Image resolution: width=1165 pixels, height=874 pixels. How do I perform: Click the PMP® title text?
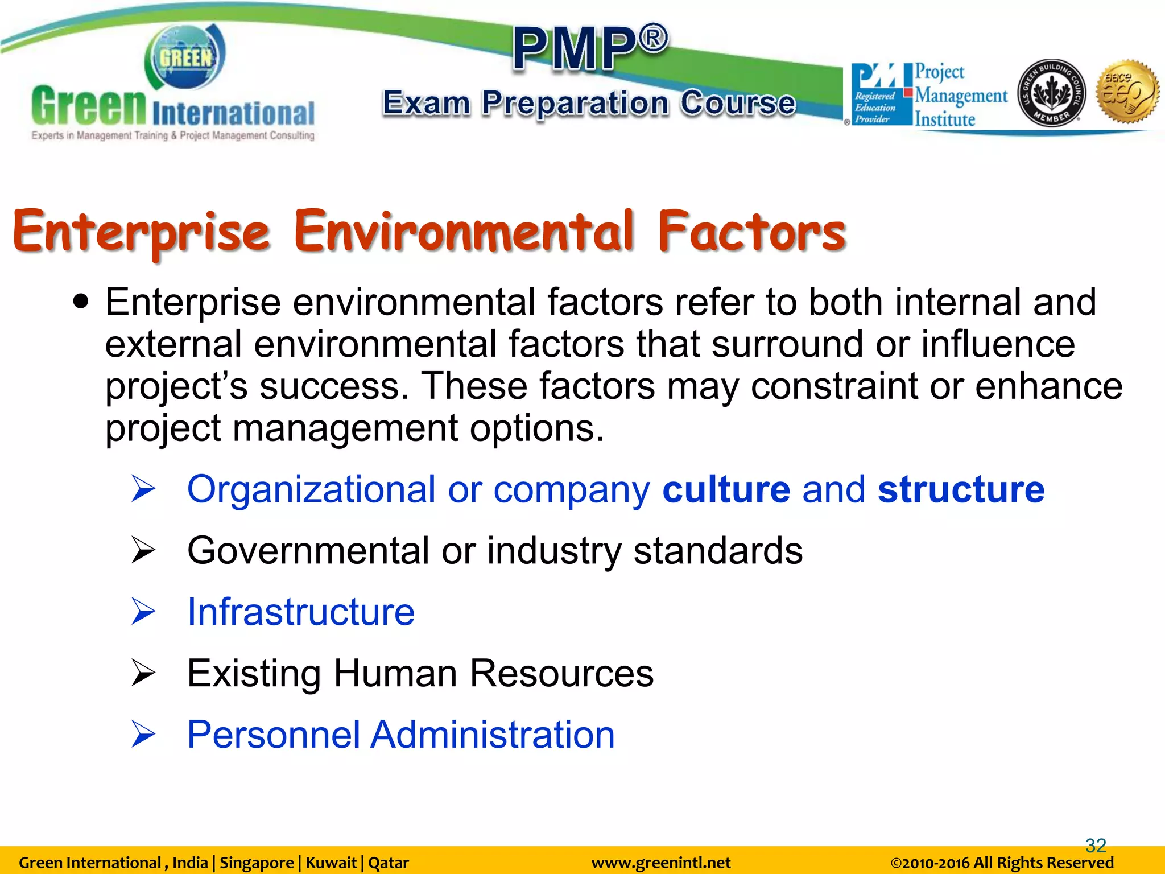tap(590, 48)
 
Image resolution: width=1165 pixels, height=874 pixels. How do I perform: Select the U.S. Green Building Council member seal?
tap(1051, 93)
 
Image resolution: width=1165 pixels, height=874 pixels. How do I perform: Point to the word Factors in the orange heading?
tap(752, 232)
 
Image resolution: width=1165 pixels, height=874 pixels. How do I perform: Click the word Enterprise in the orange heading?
tap(141, 232)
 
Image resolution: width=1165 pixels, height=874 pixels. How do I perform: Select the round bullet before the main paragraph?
tap(82, 301)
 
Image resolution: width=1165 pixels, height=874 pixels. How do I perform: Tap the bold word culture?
tap(726, 489)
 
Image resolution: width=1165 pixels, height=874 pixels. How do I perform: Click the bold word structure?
tap(961, 489)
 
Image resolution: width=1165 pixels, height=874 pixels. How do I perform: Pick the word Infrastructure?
tap(301, 612)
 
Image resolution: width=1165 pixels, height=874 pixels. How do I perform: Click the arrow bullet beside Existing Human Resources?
tap(143, 674)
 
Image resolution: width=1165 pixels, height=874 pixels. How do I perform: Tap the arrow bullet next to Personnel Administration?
tap(143, 735)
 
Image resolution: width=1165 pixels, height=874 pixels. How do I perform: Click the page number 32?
tap(1096, 846)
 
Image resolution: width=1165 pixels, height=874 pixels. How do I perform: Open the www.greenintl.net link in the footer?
tap(661, 863)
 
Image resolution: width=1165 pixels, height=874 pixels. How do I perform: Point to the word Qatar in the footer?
tap(389, 863)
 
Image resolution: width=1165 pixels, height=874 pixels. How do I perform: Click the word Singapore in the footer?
tap(257, 863)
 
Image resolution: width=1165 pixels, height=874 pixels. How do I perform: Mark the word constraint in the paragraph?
tap(834, 387)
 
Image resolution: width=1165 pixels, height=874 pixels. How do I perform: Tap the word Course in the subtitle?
tap(738, 103)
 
